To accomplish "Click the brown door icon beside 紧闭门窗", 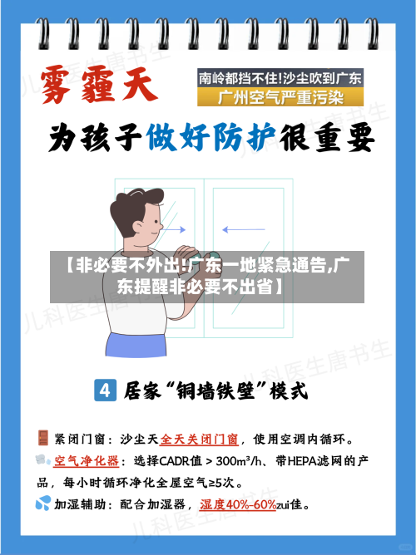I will pos(42,438).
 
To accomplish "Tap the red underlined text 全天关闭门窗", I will pos(199,439).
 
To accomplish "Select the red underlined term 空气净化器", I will pos(87,460).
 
